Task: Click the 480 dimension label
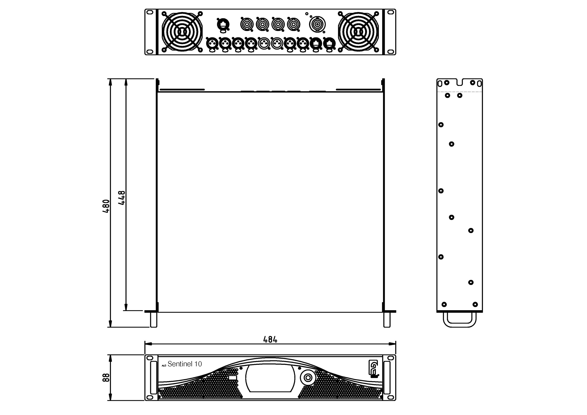[106, 206]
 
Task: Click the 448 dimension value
[122, 198]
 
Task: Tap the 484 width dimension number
[270, 340]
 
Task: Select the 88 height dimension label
[106, 378]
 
